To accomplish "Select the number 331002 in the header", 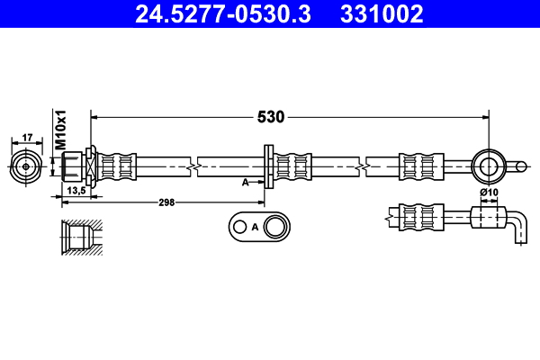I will click(x=380, y=13).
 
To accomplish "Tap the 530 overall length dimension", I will click(x=272, y=116).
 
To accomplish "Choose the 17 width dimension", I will click(x=27, y=138).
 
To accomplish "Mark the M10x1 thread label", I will click(x=61, y=130).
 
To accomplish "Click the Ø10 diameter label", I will click(x=489, y=192).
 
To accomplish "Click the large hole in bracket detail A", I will click(x=275, y=226).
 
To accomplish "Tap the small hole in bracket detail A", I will click(x=238, y=227).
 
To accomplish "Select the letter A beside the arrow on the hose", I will click(x=245, y=182).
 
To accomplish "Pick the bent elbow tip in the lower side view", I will click(x=517, y=229).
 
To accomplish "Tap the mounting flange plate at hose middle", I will click(x=267, y=166).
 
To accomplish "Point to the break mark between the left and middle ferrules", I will click(x=193, y=166).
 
